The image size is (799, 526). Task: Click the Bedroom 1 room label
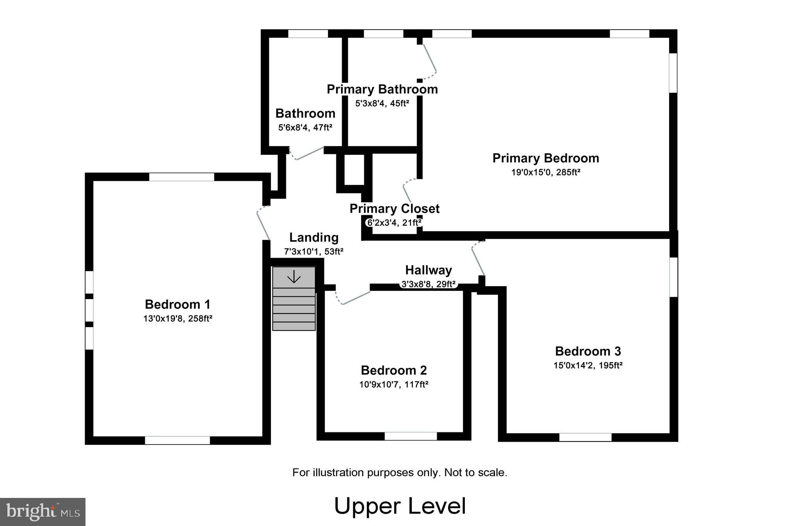pos(178,304)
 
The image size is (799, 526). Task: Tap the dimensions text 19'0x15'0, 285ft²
pos(546,172)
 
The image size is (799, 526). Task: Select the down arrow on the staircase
pos(294,277)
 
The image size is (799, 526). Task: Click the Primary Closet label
pos(394,209)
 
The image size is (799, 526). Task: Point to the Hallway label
pos(428,270)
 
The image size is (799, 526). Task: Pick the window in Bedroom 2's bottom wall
pos(411,436)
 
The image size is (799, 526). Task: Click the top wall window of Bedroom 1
pos(182,177)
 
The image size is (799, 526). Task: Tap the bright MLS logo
pos(43,512)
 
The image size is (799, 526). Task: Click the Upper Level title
pos(400,506)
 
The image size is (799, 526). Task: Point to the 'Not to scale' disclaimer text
pos(400,473)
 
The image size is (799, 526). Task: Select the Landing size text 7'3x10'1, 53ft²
pos(313,252)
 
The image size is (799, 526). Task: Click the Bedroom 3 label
pos(588,351)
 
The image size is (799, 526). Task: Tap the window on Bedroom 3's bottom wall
pos(585,437)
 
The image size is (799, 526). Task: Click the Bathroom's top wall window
pos(308,34)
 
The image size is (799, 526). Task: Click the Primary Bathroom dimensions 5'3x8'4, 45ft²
pos(382,104)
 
